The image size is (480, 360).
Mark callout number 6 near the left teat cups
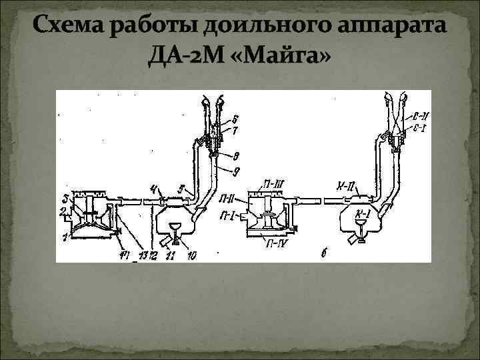coord(235,119)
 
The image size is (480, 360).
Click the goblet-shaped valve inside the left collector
coord(176,230)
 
